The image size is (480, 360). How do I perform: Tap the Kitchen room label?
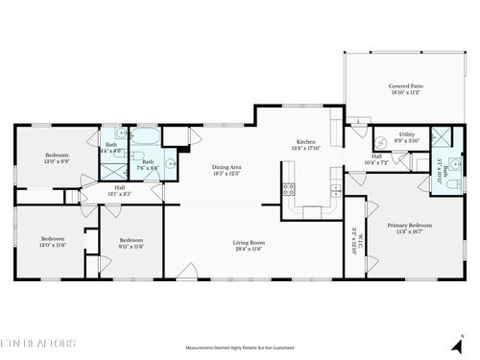[305, 146]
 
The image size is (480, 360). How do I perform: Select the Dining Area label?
[227, 171]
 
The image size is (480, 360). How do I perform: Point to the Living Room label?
[249, 246]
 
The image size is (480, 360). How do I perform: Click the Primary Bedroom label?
[409, 228]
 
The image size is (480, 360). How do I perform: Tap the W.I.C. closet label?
[353, 237]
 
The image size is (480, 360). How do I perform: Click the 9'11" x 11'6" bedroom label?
[131, 243]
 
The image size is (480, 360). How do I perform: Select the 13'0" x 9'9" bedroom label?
[59, 157]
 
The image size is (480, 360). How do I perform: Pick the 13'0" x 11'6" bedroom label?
[52, 243]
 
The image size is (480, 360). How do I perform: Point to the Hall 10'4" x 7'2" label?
[377, 158]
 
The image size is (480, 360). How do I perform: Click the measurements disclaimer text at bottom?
[239, 347]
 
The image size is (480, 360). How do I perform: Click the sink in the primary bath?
[446, 182]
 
